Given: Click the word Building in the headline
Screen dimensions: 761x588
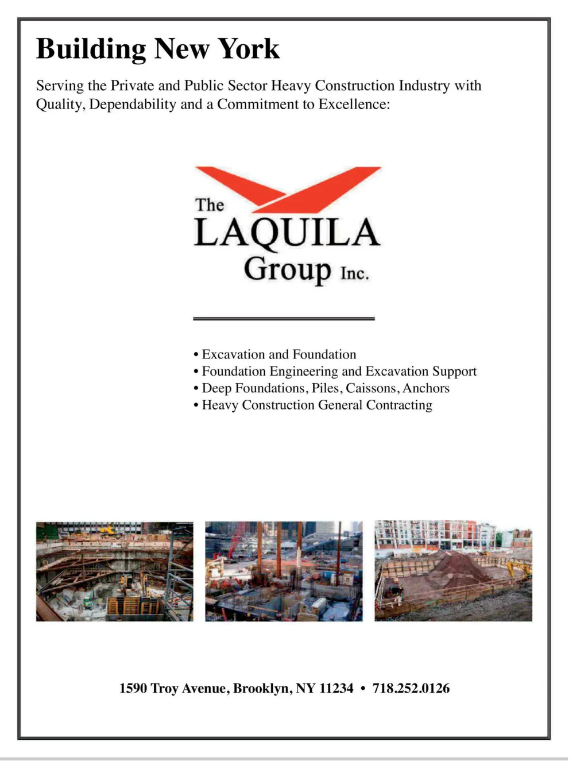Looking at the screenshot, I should click(91, 49).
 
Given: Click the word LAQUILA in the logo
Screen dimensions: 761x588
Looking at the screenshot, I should click(287, 233).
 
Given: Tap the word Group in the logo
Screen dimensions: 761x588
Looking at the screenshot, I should click(287, 269).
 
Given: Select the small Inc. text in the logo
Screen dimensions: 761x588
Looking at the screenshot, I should click(354, 273).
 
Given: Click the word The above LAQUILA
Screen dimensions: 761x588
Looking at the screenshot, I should click(209, 205).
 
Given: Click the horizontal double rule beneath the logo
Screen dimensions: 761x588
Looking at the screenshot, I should click(284, 318).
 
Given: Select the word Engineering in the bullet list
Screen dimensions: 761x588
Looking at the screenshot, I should click(304, 372).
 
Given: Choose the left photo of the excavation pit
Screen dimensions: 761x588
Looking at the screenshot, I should click(114, 571).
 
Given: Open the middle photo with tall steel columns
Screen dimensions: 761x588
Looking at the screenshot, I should click(284, 571).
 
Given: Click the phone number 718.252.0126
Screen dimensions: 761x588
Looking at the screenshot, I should click(411, 688).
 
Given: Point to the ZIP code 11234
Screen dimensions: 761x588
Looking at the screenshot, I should click(336, 688).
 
